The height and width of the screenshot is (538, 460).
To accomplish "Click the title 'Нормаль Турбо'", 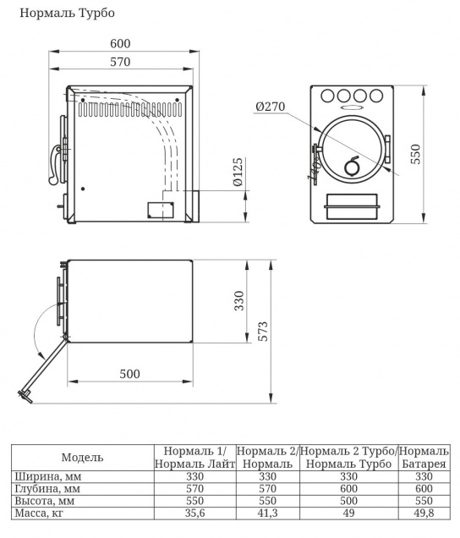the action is click(x=68, y=13).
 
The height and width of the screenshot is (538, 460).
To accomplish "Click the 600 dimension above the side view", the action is click(x=120, y=44).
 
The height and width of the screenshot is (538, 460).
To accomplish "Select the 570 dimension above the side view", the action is click(x=120, y=62).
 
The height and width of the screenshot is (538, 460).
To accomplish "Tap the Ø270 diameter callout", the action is click(x=270, y=107).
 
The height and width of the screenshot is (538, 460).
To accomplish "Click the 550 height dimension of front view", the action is click(x=416, y=154).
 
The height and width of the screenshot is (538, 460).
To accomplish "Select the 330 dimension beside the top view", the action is click(x=239, y=301).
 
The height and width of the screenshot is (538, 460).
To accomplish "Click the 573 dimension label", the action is click(x=263, y=331).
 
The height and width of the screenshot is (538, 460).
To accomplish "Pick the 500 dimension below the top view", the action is click(x=129, y=374).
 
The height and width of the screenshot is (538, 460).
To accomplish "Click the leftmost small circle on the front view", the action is click(x=327, y=96).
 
